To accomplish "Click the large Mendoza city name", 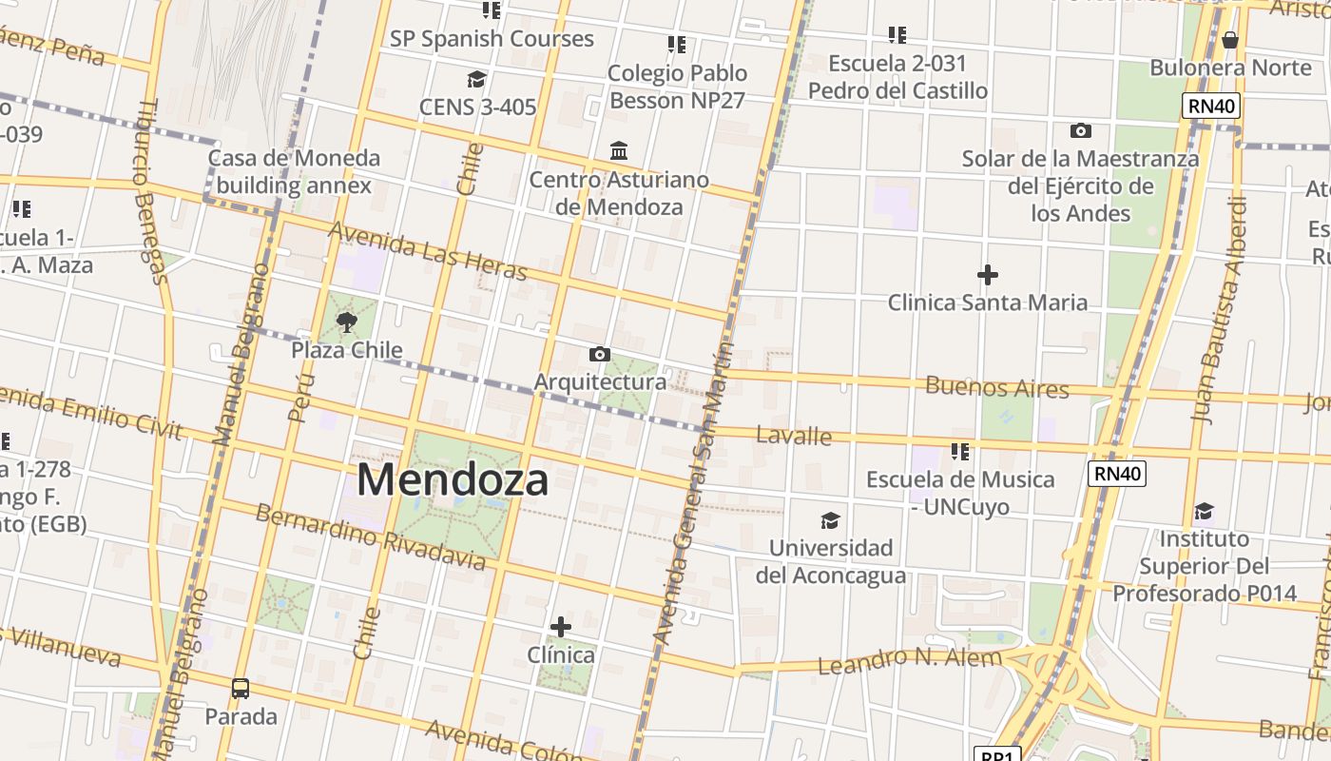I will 453,479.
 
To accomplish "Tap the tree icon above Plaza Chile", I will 346,322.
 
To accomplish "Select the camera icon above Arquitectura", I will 599,355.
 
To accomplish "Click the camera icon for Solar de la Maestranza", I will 1080,131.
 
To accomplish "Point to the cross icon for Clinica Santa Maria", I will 988,275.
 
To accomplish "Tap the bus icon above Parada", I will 241,688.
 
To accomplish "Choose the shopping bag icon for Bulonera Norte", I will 1230,40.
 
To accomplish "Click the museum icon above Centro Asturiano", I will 619,151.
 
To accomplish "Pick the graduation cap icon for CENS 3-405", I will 476,79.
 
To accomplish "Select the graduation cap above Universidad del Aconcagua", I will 830,520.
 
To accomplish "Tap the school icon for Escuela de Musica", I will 960,451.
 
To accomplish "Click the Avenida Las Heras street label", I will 427,251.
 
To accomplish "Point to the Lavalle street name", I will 794,436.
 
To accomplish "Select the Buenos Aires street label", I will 996,387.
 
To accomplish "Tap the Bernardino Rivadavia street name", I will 371,537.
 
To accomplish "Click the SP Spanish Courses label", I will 492,39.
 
